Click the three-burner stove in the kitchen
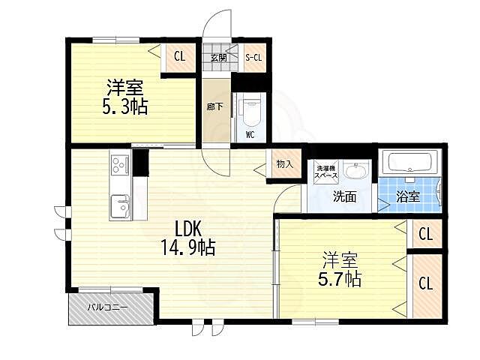coord(120,165)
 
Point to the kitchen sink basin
coord(120,206)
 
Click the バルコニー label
coord(107,307)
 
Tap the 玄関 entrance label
coord(218,58)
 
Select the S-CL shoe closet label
coord(254,57)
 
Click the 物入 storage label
coord(285,164)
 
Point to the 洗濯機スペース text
coord(327,172)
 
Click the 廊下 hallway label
coord(214,106)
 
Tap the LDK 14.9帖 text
coord(188,238)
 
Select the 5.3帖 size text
coord(125,106)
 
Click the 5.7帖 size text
coord(340,278)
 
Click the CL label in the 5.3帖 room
coord(180,56)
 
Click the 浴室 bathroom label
coord(408,196)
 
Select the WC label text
coord(250,135)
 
